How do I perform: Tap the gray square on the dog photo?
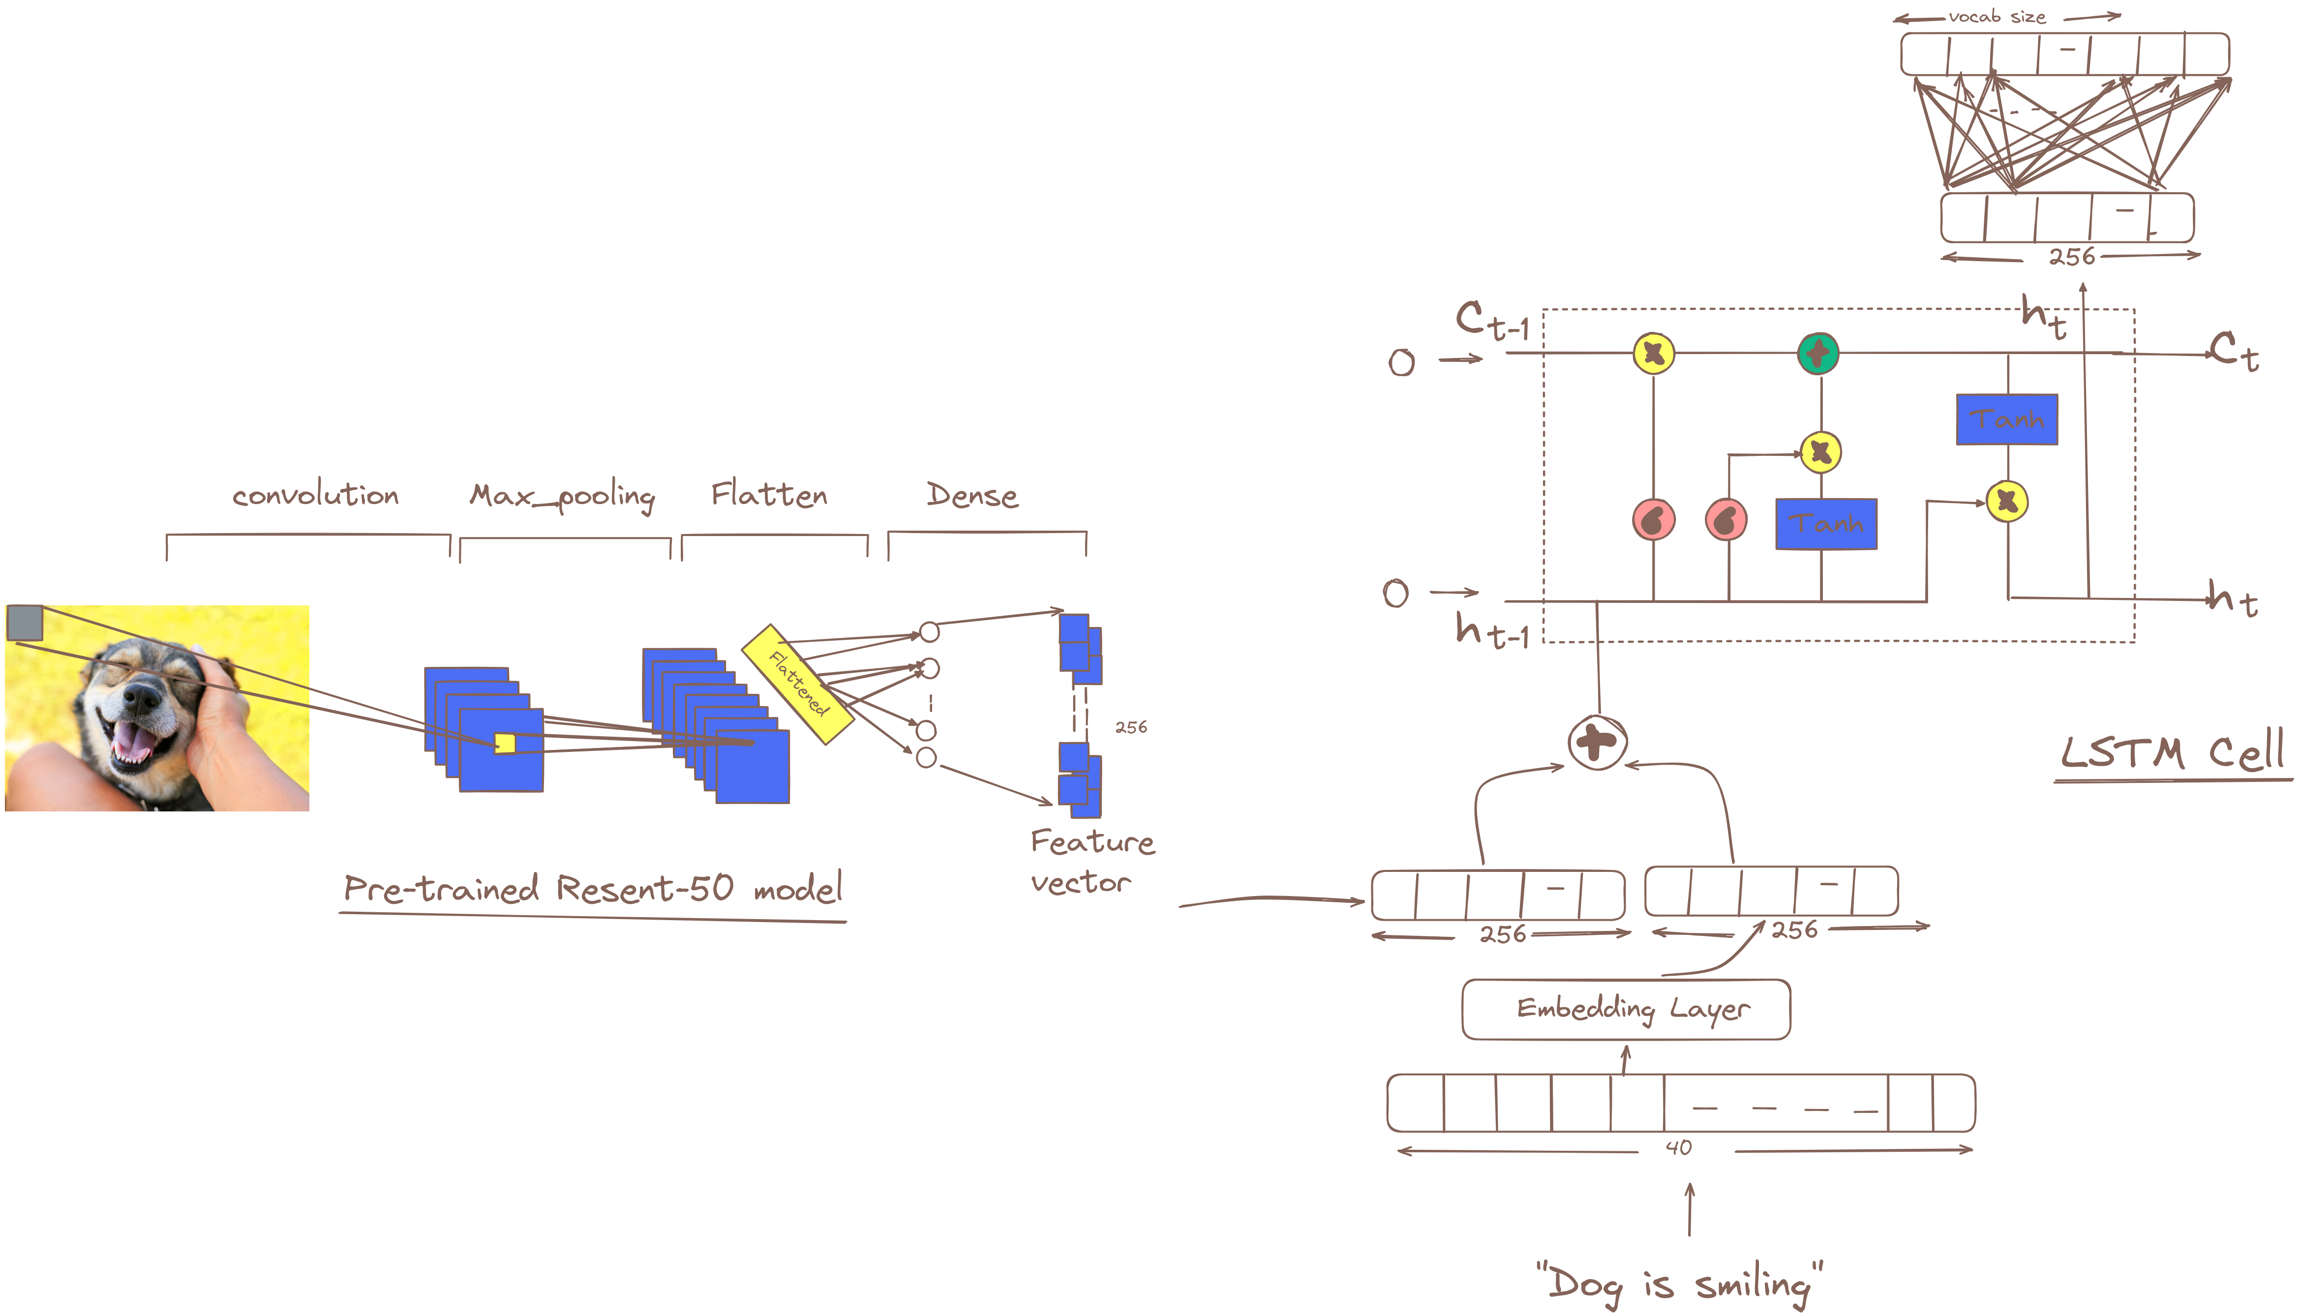(25, 622)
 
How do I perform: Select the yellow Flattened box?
(798, 684)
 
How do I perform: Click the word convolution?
(315, 495)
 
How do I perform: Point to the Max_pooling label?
(562, 496)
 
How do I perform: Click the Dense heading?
(972, 495)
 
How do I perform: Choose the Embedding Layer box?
(1626, 1009)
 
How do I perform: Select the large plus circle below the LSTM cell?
(1597, 743)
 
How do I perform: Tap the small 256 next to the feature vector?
(1131, 727)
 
